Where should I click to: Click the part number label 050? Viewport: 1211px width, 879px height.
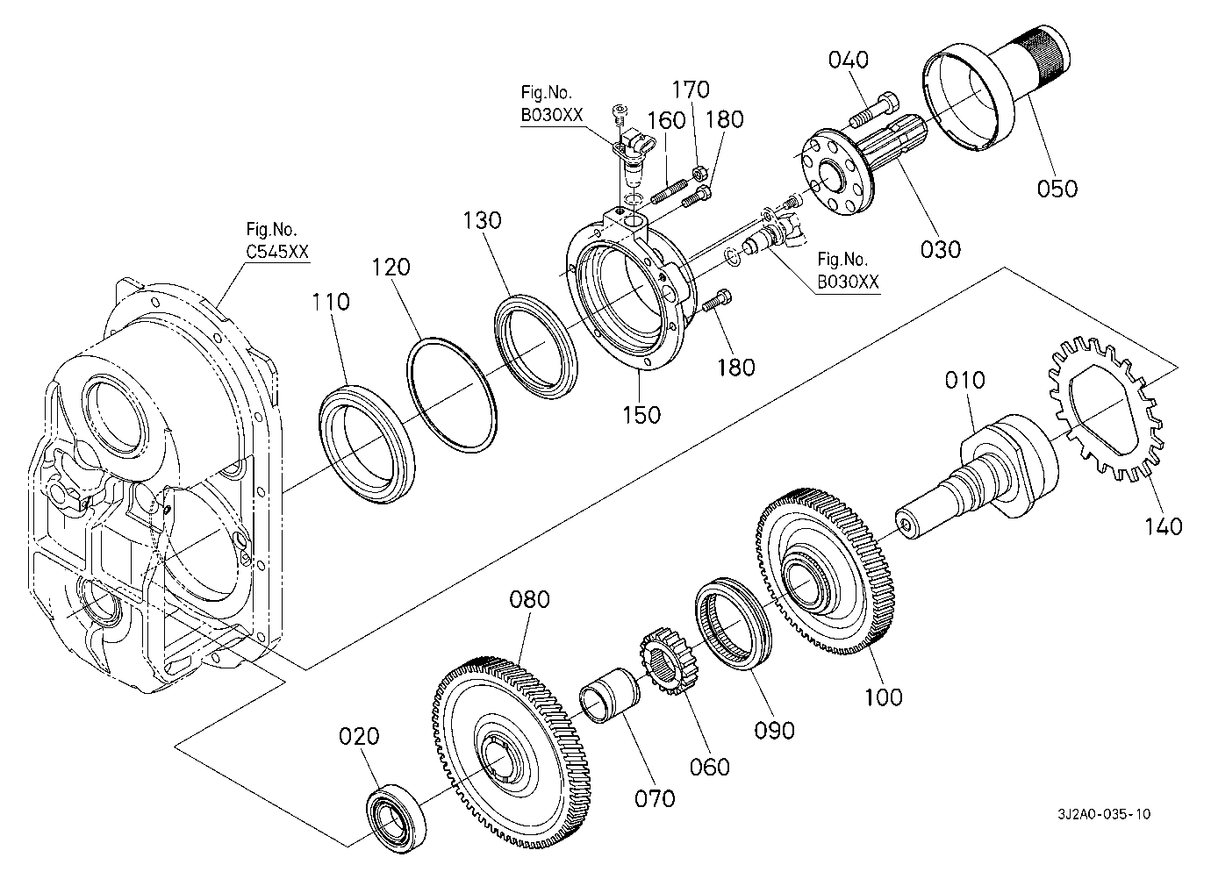tap(1057, 188)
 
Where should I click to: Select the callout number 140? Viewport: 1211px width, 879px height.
tap(1164, 525)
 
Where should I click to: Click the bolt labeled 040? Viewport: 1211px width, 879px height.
tap(873, 111)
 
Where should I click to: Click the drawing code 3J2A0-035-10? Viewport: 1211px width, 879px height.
tap(1103, 814)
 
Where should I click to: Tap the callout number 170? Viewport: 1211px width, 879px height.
tap(691, 89)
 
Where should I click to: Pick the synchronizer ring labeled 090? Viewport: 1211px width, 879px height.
tap(734, 622)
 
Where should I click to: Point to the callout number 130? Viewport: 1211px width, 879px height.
tap(483, 219)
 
